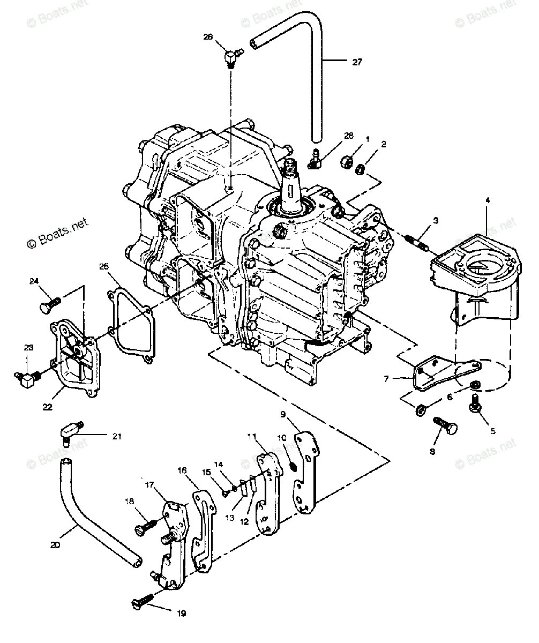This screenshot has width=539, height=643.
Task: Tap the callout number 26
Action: click(x=208, y=36)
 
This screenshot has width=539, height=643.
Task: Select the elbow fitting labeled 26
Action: click(x=231, y=55)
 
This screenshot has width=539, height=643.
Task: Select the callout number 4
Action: click(x=486, y=201)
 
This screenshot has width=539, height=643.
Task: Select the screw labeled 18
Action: click(x=146, y=527)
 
